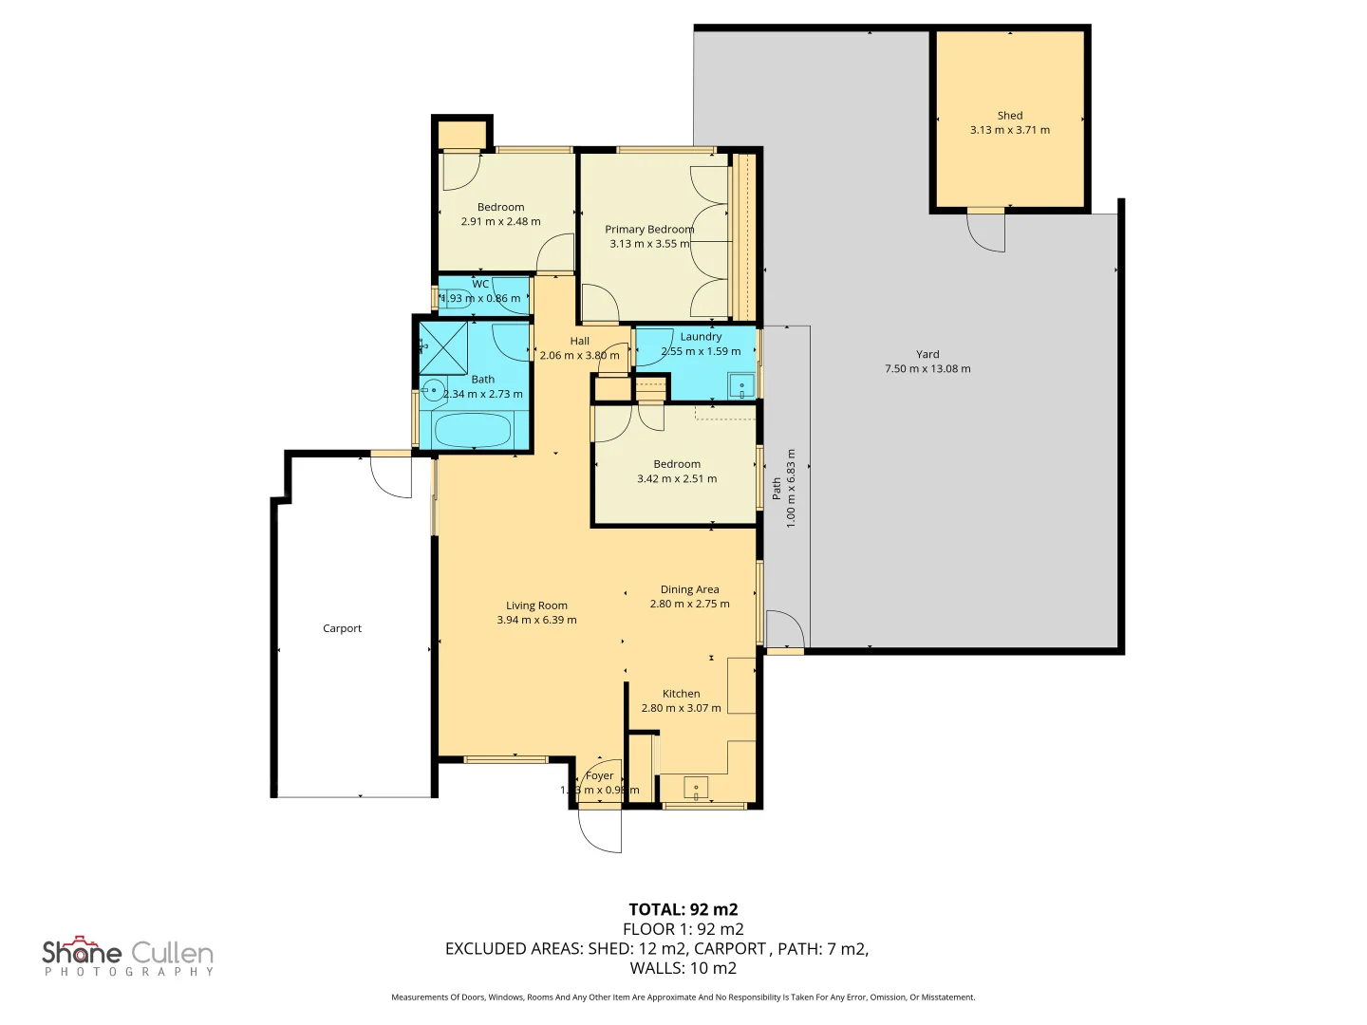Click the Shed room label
coord(1009,116)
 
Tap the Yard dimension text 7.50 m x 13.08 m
coord(927,369)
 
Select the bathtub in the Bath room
coord(472,430)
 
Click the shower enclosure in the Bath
coord(443,348)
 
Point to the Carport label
coord(342,628)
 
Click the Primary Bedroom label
coord(649,230)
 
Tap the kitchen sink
coord(696,788)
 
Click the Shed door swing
coord(987,231)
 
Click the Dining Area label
coord(689,589)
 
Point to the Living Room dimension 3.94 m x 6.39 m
coord(536,621)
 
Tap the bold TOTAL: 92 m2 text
coord(683,909)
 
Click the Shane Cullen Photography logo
coord(128,957)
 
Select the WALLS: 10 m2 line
coord(683,968)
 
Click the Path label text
coord(777,489)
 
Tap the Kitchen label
coord(681,694)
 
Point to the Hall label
coord(579,342)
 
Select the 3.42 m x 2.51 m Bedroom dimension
coord(677,479)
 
